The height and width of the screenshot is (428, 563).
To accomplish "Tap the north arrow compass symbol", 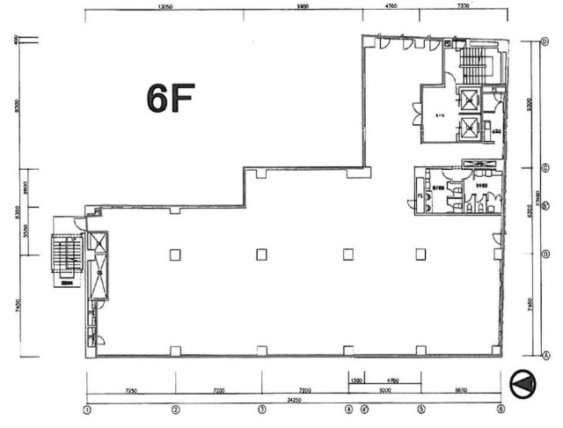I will (x=523, y=382).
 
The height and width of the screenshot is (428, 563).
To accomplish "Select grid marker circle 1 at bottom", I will (x=87, y=409).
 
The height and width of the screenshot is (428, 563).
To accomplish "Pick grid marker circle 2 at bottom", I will (x=175, y=409).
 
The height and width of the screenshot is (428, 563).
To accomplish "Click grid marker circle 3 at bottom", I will (x=261, y=409).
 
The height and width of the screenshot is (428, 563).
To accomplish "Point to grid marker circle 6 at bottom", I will (x=501, y=409).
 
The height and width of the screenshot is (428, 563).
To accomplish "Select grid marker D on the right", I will (x=545, y=42).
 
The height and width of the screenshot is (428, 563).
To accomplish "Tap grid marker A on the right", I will (x=545, y=356).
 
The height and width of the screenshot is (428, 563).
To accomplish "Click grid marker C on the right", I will (x=545, y=167).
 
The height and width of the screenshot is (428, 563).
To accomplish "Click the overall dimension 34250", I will (x=294, y=399).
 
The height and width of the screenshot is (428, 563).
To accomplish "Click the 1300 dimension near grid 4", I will (x=355, y=380).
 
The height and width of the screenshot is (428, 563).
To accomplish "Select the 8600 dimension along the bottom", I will (x=460, y=388).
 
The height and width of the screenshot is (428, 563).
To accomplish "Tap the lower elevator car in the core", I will (x=470, y=129).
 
